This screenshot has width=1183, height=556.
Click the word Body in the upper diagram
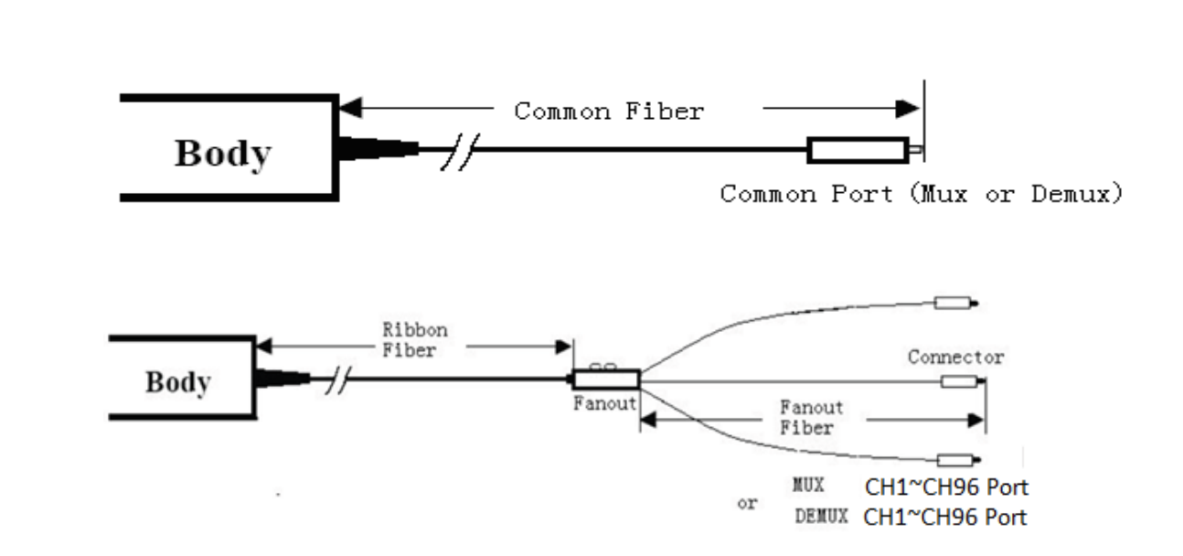click(222, 154)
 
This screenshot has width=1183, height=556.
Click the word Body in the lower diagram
click(177, 382)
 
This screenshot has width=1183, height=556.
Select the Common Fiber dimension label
click(609, 112)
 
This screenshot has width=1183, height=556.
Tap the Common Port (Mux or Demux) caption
click(922, 194)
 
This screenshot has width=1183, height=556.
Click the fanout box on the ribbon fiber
click(605, 380)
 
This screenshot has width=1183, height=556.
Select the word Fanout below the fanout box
click(604, 403)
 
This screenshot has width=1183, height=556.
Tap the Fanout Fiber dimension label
click(811, 417)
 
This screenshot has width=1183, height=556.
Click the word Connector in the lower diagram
click(955, 357)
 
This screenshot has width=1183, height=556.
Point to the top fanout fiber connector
click(954, 303)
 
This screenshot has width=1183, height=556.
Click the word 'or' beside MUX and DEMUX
click(748, 503)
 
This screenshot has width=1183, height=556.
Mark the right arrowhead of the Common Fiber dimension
click(909, 108)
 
